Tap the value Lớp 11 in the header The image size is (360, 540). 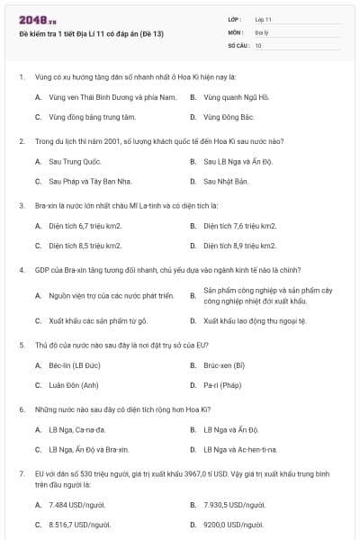click(263, 18)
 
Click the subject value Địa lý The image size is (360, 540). click(261, 31)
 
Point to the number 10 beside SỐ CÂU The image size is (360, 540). click(258, 44)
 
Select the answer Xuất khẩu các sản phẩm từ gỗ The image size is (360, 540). click(97, 320)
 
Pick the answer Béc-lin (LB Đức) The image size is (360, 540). click(74, 365)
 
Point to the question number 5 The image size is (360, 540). click(22, 345)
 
